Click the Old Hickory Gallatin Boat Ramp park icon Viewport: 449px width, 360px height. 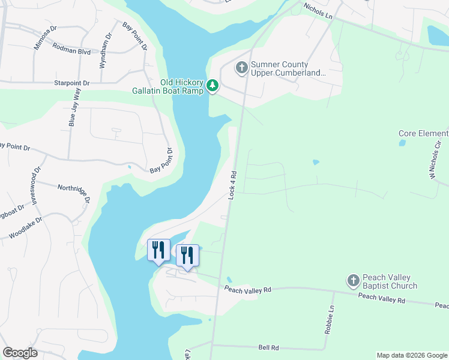212,86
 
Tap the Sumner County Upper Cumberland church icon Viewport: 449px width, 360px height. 242,67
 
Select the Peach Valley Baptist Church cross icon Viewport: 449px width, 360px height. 354,280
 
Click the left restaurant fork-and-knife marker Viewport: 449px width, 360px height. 158,250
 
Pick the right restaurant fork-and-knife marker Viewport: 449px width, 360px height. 187,255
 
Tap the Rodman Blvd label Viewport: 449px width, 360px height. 71,51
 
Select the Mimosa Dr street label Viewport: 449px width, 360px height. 45,38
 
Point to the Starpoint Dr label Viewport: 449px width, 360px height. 71,83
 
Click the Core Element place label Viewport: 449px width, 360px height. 423,133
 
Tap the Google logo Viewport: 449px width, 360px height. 20,353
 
